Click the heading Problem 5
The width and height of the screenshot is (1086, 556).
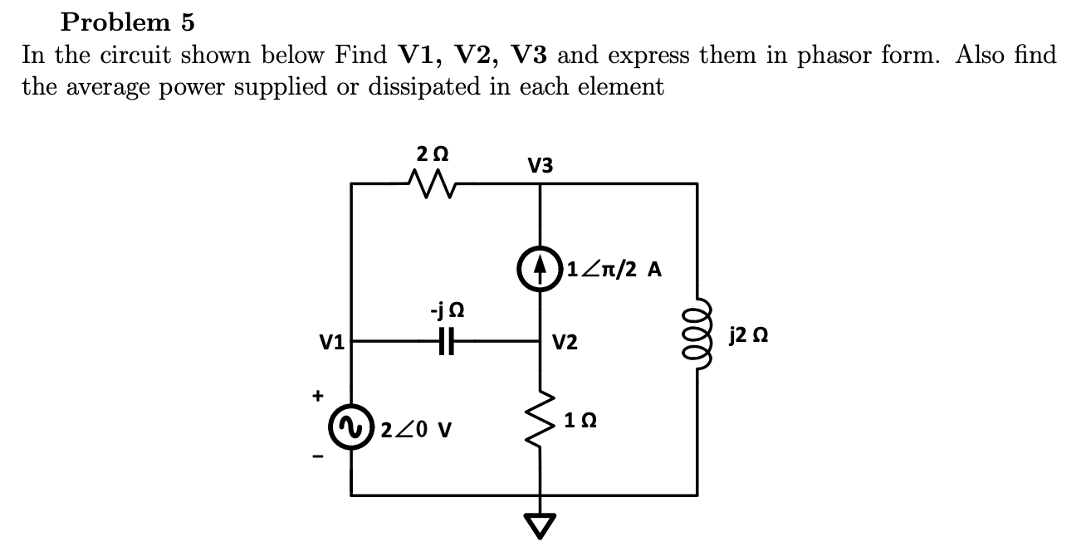[127, 20]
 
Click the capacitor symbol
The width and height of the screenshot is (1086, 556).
[446, 340]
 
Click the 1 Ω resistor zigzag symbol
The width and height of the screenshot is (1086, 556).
[541, 420]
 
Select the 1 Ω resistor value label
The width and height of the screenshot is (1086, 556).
[577, 420]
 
